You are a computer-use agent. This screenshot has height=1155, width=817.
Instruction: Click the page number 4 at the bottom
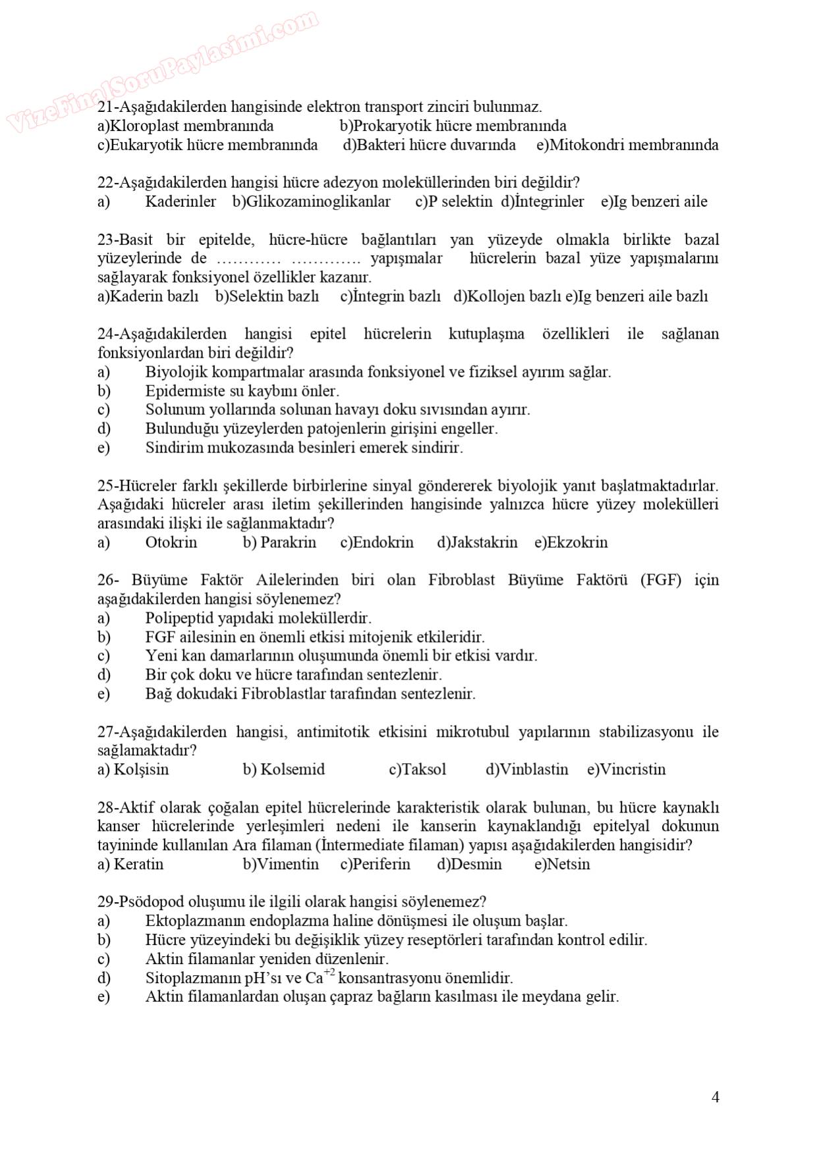[715, 1097]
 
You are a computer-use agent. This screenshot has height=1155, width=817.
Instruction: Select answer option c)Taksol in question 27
[417, 769]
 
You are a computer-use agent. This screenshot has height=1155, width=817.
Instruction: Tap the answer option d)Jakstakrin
[477, 542]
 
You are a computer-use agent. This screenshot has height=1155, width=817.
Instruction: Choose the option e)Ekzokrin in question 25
[571, 542]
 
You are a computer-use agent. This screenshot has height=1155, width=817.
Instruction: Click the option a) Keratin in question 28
[130, 864]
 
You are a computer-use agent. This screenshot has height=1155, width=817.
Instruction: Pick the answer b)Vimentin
[281, 864]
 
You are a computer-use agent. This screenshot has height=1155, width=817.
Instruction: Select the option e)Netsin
[562, 864]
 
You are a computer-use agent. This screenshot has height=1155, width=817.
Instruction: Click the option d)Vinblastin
[526, 769]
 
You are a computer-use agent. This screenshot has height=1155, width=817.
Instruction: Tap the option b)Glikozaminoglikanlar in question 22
[311, 201]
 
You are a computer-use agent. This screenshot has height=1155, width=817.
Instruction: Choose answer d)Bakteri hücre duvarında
[429, 145]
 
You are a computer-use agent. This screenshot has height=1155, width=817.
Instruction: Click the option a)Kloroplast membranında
[185, 126]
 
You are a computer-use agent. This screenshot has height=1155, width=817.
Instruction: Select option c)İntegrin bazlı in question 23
[390, 296]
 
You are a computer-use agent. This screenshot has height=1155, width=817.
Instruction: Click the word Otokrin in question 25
[171, 542]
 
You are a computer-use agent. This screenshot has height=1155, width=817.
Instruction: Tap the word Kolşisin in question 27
[141, 769]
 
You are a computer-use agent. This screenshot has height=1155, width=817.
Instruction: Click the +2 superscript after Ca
[329, 973]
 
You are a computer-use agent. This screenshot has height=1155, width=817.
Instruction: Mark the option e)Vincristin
[626, 769]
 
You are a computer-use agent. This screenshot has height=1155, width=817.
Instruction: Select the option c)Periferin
[375, 864]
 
